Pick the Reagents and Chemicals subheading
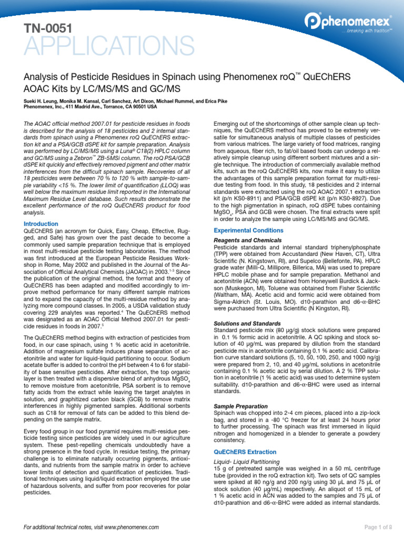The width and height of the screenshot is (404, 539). pos(245,240)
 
